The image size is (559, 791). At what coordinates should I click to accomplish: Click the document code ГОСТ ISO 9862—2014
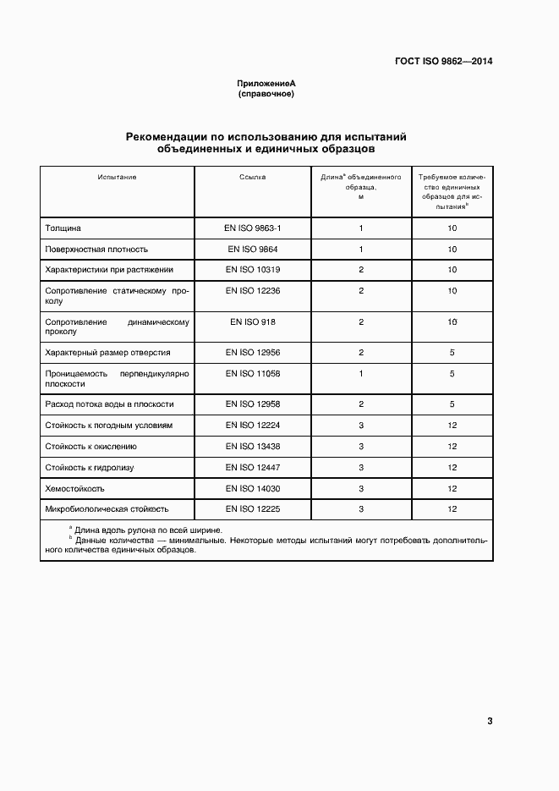pyautogui.click(x=443, y=62)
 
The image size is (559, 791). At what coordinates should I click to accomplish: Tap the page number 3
pyautogui.click(x=490, y=721)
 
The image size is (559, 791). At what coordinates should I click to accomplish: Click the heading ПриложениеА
pyautogui.click(x=266, y=85)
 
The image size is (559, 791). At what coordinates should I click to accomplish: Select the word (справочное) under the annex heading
pyautogui.click(x=266, y=95)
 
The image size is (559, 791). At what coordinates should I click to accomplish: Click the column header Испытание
pyautogui.click(x=117, y=178)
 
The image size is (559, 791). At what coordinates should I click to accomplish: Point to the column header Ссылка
pyautogui.click(x=252, y=178)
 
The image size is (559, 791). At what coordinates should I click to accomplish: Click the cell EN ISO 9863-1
pyautogui.click(x=252, y=228)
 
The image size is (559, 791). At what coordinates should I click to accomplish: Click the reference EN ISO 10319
pyautogui.click(x=252, y=270)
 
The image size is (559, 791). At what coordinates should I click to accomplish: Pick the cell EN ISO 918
pyautogui.click(x=252, y=322)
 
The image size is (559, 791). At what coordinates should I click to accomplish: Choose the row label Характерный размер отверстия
pyautogui.click(x=107, y=352)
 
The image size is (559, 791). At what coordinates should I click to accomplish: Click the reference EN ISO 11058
pyautogui.click(x=252, y=373)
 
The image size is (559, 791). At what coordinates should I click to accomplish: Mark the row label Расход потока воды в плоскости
pyautogui.click(x=109, y=404)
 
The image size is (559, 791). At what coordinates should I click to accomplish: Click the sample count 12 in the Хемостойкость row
pyautogui.click(x=452, y=488)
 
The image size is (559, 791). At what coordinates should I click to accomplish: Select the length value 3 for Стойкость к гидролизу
pyautogui.click(x=361, y=467)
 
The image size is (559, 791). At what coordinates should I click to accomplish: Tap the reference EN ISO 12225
pyautogui.click(x=252, y=509)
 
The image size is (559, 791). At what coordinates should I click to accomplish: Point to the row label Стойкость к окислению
pyautogui.click(x=90, y=446)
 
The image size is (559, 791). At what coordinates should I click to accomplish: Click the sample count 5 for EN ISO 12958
pyautogui.click(x=452, y=404)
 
